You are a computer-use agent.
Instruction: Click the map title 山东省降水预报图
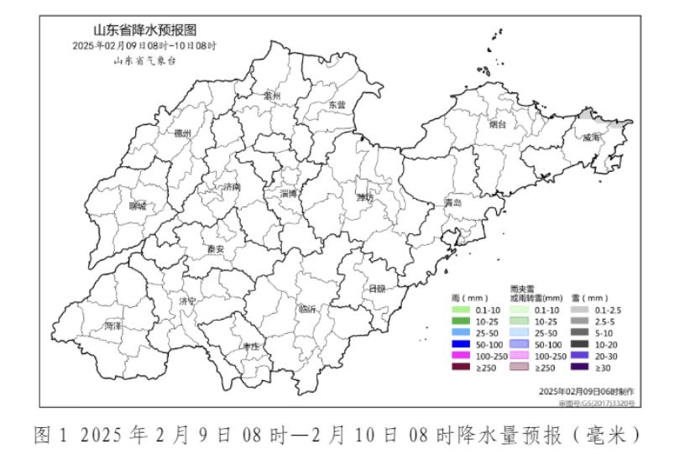144,30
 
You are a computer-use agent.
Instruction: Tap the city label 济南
233,186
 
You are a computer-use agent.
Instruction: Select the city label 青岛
454,203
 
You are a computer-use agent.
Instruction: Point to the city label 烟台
498,124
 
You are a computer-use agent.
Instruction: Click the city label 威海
592,137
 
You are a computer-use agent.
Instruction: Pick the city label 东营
337,105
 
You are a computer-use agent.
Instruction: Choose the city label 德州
182,133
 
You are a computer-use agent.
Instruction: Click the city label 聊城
137,206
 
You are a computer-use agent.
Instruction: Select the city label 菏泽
113,325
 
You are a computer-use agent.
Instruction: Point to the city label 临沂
308,309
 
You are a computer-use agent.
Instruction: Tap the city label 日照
378,289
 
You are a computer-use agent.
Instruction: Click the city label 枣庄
251,346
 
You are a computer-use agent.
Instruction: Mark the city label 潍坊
363,197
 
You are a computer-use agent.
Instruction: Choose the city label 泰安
216,249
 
